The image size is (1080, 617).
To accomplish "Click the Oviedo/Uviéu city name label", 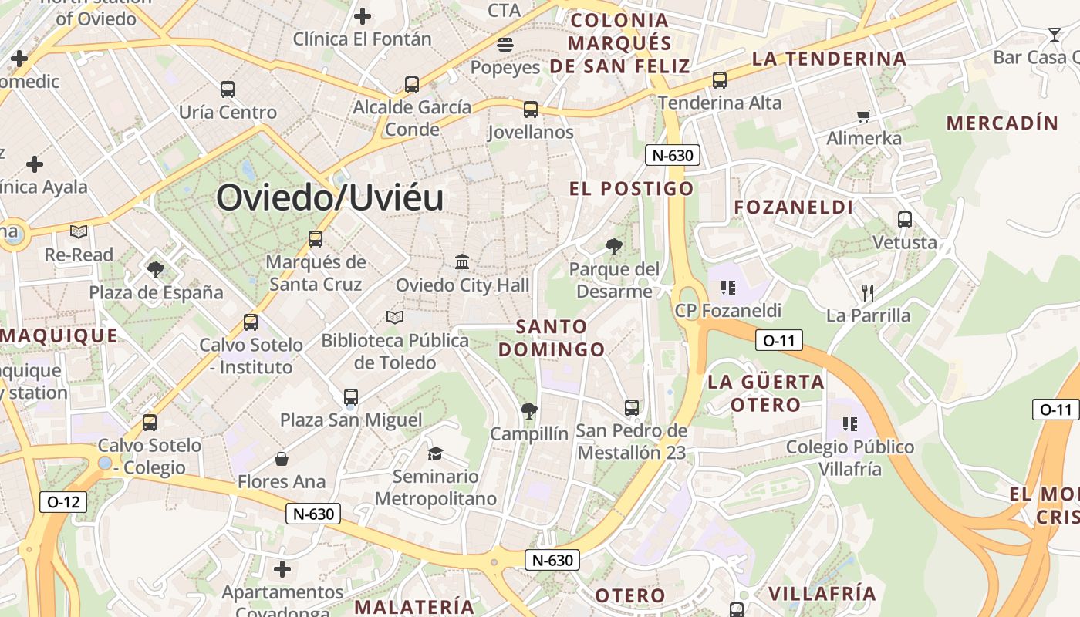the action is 330,198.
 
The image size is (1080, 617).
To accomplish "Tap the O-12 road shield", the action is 63,502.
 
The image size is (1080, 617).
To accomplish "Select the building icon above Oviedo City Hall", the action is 462,262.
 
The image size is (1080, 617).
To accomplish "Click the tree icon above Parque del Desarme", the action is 614,247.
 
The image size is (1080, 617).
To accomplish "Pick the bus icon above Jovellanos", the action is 531,110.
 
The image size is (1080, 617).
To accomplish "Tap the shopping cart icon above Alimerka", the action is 863,116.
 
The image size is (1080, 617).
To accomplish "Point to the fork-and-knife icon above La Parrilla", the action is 868,292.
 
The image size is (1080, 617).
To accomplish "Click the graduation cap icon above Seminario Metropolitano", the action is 436,453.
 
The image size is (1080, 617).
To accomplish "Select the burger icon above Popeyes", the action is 505,45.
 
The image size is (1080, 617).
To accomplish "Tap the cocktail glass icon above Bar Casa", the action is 1055,34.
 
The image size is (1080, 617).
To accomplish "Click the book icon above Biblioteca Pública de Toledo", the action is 395,317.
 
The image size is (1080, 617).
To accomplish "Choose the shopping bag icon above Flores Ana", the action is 282,459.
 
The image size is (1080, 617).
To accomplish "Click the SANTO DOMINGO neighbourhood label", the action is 552,338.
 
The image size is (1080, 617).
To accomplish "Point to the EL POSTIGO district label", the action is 632,189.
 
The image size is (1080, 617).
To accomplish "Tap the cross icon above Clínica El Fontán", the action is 362,15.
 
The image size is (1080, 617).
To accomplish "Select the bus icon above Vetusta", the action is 905,220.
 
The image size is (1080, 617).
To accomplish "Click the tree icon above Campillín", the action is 528,410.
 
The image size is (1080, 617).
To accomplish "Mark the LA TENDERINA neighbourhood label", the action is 829,59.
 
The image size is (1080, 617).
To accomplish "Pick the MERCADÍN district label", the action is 1002,123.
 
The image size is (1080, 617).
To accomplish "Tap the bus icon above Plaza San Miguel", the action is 351,397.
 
